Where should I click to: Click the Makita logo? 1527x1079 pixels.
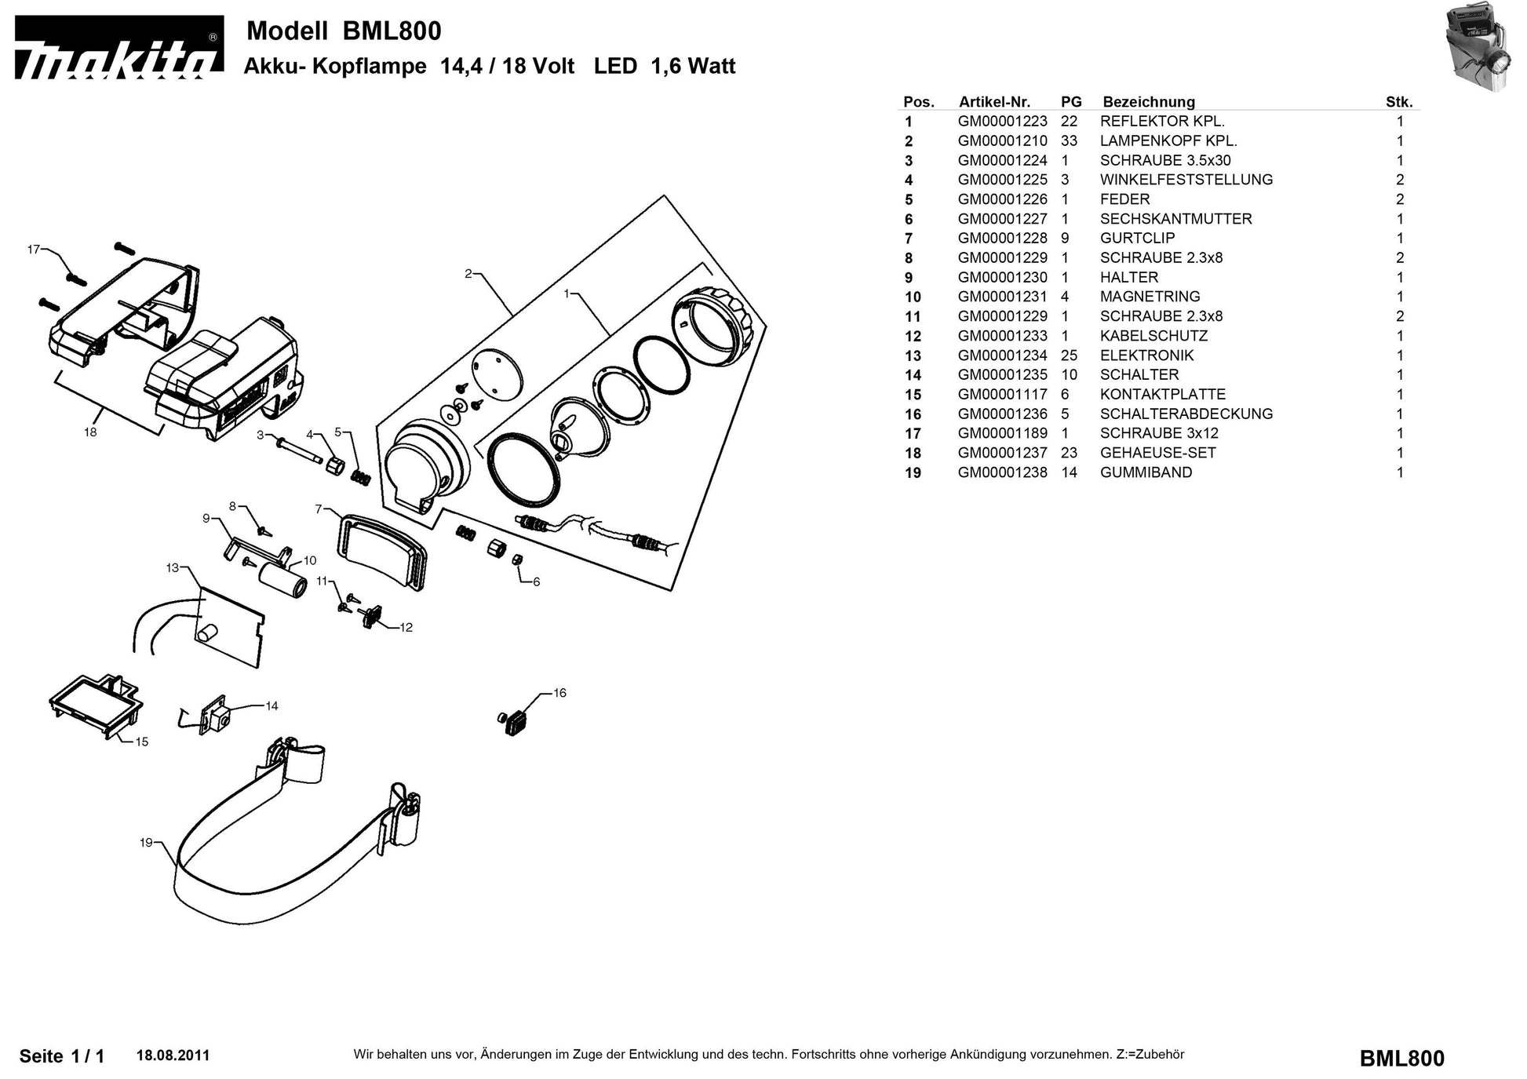118,49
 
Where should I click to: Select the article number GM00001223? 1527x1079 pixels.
1002,122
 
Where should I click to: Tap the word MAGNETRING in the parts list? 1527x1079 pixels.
1150,297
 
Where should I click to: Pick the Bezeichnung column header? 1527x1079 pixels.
1148,102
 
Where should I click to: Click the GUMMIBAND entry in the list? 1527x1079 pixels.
1146,472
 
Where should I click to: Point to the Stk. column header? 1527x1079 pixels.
1398,102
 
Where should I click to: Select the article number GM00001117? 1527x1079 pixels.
1002,395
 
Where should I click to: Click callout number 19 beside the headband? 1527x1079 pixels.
146,843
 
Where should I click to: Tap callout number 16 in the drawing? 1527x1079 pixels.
559,693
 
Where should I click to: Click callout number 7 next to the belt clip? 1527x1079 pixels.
319,509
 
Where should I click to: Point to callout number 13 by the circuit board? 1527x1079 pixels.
173,567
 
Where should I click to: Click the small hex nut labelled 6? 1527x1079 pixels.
517,560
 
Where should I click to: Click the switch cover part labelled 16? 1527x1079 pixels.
516,721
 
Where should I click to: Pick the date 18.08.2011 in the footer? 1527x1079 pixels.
173,1055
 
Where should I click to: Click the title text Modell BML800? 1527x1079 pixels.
344,31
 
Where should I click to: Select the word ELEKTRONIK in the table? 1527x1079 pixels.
1146,355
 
